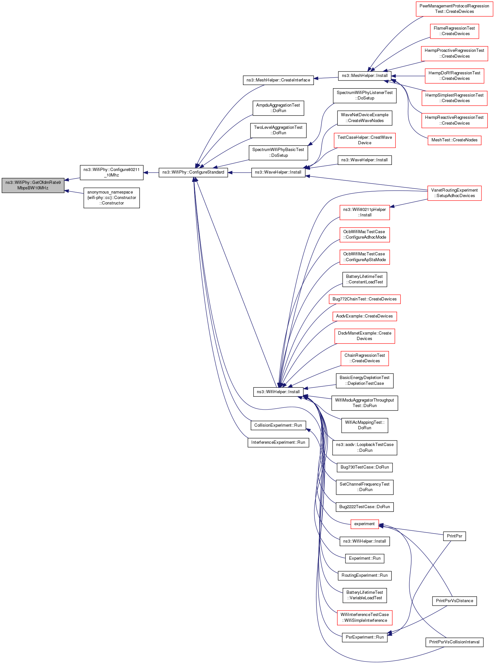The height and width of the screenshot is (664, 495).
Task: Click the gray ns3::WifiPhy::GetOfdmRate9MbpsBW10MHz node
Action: (33, 185)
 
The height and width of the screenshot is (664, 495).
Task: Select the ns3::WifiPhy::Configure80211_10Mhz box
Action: (112, 172)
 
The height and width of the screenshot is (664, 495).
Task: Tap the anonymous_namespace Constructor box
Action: (112, 198)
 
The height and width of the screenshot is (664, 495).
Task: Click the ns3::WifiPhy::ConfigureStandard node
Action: (193, 172)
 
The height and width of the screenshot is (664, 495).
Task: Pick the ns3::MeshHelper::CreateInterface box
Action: (278, 80)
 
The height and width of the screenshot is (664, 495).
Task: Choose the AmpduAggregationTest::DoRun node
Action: (278, 108)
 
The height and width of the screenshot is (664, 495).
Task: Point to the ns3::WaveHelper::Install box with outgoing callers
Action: (278, 172)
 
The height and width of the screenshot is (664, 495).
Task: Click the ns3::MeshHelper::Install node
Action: (364, 76)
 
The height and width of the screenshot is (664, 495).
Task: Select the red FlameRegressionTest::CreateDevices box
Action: (454, 31)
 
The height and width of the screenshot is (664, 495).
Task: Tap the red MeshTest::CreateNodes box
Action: (454, 140)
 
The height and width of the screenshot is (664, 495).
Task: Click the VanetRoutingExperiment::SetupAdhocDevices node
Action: (454, 193)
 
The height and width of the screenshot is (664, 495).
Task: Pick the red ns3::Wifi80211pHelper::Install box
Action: (364, 212)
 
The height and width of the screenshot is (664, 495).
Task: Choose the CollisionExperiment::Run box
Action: (278, 425)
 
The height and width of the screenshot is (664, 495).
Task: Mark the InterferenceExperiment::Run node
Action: (278, 442)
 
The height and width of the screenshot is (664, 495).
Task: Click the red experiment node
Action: (364, 524)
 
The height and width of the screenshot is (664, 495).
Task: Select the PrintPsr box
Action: (454, 536)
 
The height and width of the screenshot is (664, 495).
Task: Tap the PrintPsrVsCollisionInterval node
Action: (454, 642)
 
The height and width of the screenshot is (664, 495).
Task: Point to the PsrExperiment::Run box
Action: (364, 637)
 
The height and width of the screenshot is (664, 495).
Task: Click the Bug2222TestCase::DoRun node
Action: (364, 507)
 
